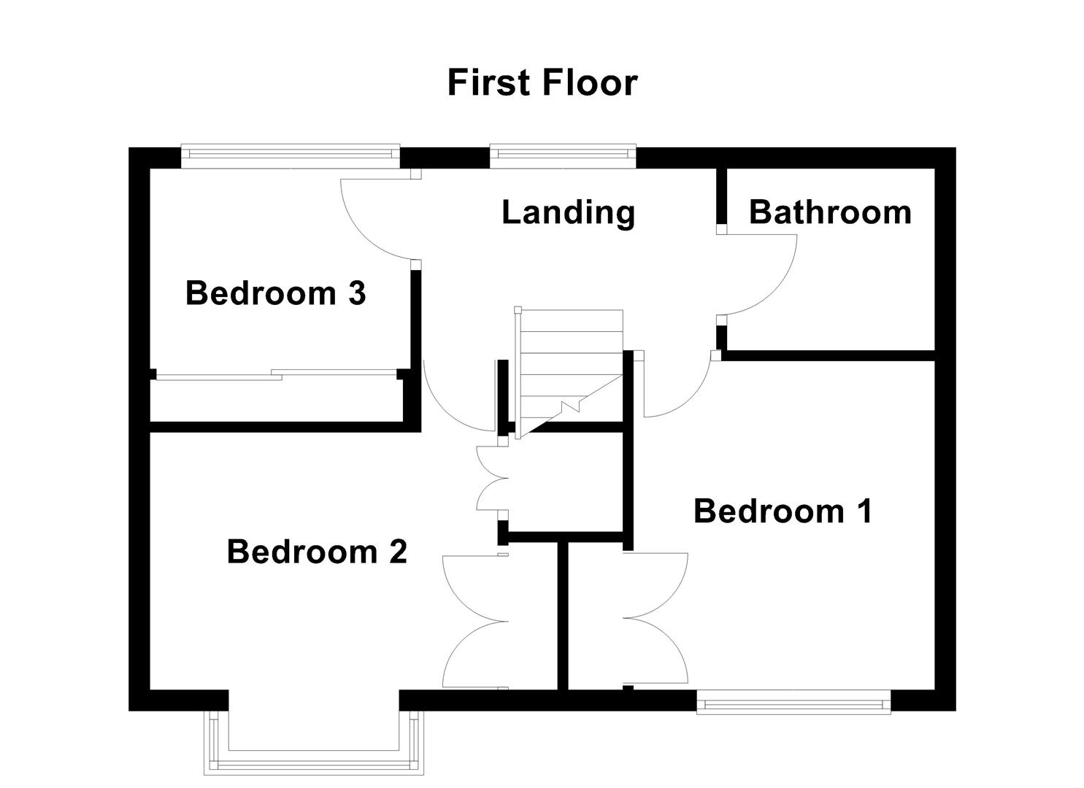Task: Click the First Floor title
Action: click(x=542, y=82)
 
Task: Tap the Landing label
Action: click(x=568, y=212)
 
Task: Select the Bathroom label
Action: click(x=830, y=212)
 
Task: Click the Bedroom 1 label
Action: click(x=782, y=511)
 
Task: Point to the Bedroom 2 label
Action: click(x=316, y=552)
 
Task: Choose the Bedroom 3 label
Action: click(x=274, y=293)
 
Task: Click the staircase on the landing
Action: click(x=570, y=372)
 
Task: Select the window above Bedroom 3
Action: click(x=290, y=153)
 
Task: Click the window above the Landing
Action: click(x=562, y=153)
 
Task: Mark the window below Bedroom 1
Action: click(x=793, y=704)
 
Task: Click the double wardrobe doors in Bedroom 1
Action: click(x=657, y=619)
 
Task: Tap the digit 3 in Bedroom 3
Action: click(x=356, y=293)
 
